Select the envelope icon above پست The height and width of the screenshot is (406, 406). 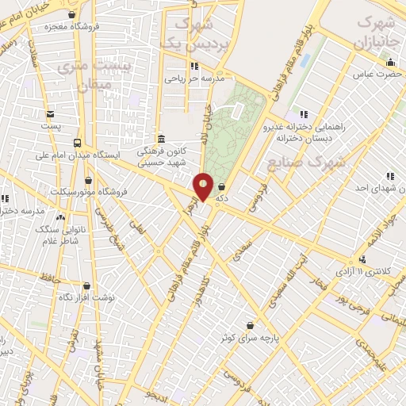(x=51, y=114)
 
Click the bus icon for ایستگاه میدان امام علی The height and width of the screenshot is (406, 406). (x=77, y=143)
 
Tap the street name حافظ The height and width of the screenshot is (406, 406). (x=53, y=277)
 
